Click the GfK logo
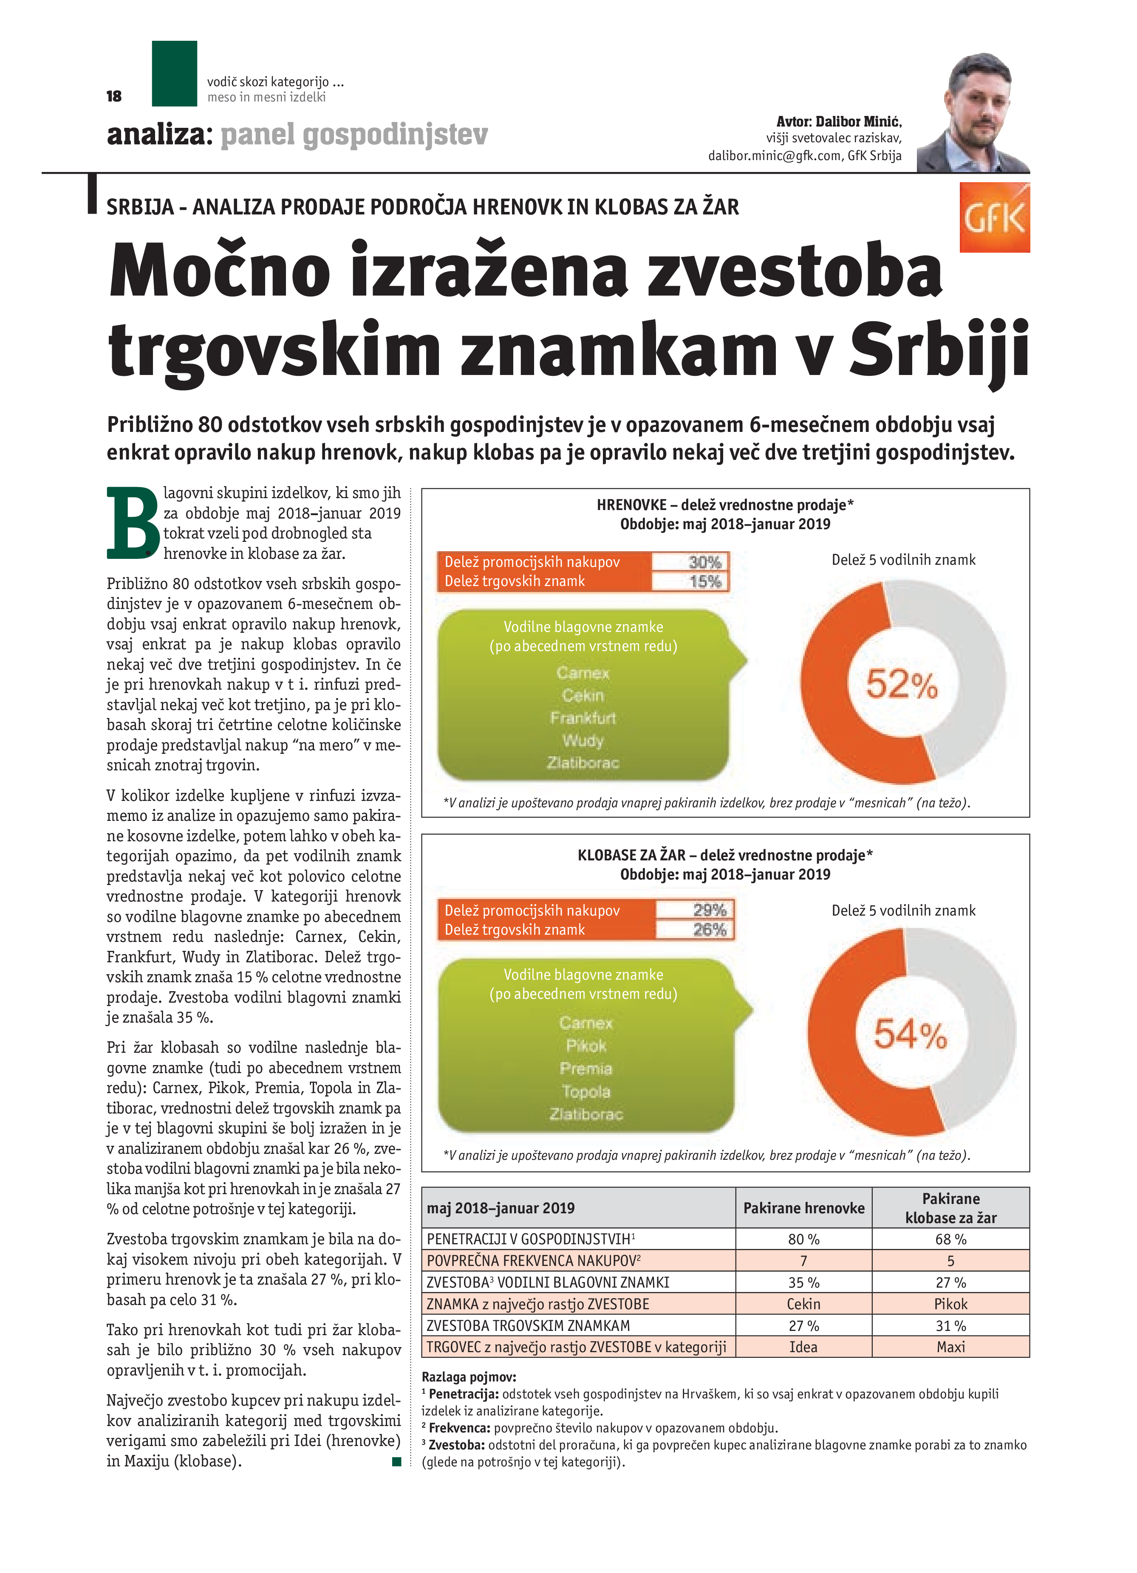994,218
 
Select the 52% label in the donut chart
902,685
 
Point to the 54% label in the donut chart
910,1034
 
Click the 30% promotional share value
705,562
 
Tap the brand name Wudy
583,741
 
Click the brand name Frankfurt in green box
583,718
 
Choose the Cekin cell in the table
803,1304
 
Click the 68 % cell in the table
950,1239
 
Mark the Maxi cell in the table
950,1347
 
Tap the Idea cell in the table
803,1347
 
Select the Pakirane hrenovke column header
803,1208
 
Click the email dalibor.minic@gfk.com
775,156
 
